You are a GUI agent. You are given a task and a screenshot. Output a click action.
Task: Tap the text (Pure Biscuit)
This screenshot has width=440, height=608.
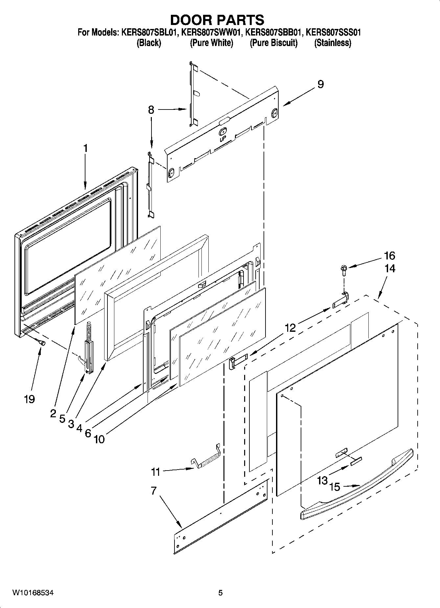[x=273, y=43]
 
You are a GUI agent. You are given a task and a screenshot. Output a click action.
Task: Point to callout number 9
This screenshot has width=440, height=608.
[x=320, y=84]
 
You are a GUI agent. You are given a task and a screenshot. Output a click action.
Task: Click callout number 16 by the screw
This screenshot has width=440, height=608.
[x=389, y=255]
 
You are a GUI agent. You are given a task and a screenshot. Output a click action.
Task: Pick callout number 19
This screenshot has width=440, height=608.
[x=29, y=399]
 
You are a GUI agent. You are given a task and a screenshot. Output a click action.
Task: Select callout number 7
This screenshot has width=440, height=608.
[x=153, y=491]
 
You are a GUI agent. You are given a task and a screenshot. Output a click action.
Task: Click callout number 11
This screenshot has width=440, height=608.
[x=155, y=472]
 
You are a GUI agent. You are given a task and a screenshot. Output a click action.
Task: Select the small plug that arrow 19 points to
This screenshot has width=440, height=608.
[x=42, y=343]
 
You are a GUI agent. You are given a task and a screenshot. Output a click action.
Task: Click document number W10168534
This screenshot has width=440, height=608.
[x=33, y=593]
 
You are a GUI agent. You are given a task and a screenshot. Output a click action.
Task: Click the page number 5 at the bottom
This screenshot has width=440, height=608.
[x=220, y=593]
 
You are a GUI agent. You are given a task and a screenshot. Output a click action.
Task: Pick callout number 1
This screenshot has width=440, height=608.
[x=85, y=148]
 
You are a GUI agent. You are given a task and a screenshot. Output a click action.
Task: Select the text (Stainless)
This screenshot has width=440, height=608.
[x=333, y=43]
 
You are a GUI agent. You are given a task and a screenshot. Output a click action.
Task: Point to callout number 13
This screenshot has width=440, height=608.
[x=323, y=480]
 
